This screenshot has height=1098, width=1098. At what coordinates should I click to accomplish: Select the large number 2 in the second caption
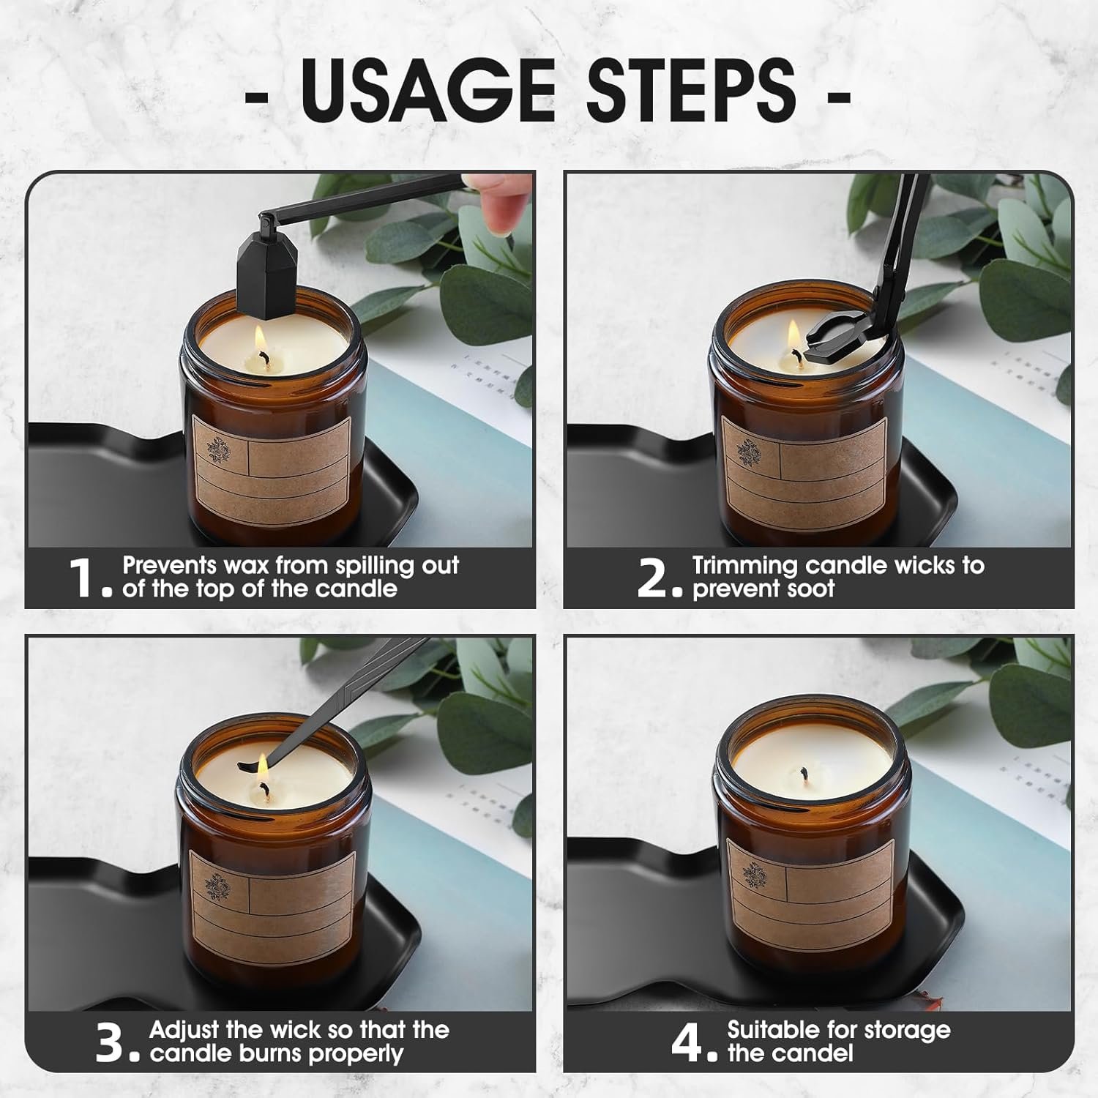[x=651, y=578]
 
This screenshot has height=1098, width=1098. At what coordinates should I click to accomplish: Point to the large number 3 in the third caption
[x=111, y=1042]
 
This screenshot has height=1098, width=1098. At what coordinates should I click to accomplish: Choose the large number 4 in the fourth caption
[x=687, y=1042]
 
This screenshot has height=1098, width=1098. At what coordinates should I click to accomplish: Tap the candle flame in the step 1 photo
[x=261, y=340]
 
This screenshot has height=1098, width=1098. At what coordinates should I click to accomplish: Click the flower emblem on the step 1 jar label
[x=218, y=449]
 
